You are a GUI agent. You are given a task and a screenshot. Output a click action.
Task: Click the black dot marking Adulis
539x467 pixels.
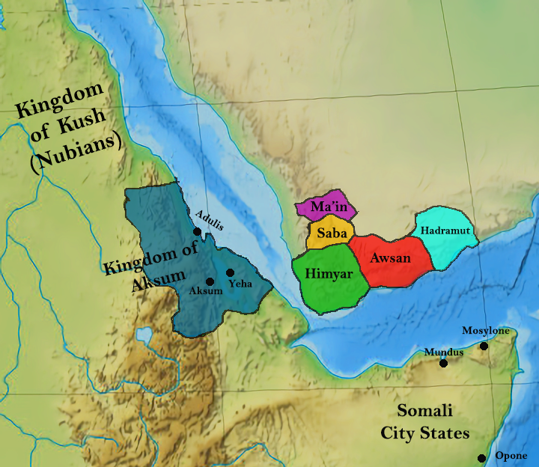click(197, 232)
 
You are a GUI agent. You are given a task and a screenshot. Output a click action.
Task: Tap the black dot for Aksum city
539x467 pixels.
click(210, 281)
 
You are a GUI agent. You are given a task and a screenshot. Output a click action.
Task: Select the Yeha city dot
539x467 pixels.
click(230, 272)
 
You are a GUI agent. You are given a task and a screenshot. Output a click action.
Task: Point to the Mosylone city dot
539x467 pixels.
click(484, 346)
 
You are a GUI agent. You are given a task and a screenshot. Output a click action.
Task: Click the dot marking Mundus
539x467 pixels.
click(443, 364)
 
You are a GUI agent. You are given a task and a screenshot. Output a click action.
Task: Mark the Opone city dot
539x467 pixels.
click(481, 458)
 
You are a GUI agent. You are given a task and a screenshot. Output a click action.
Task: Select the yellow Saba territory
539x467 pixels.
click(330, 234)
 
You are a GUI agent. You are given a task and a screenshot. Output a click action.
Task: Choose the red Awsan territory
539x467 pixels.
click(389, 260)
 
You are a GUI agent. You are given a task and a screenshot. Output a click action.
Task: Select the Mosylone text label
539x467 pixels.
click(485, 330)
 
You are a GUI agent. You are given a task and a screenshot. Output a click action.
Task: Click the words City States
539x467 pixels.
click(424, 433)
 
